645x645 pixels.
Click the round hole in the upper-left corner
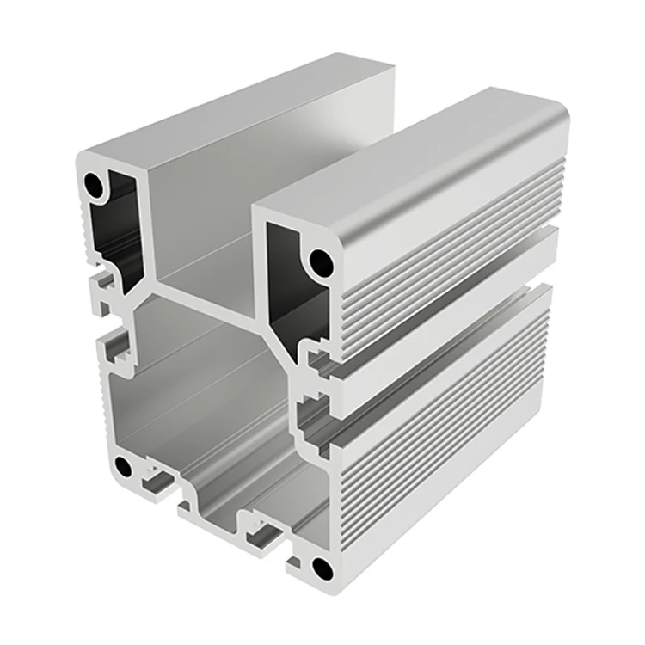[93, 183]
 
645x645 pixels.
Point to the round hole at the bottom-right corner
[322, 568]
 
